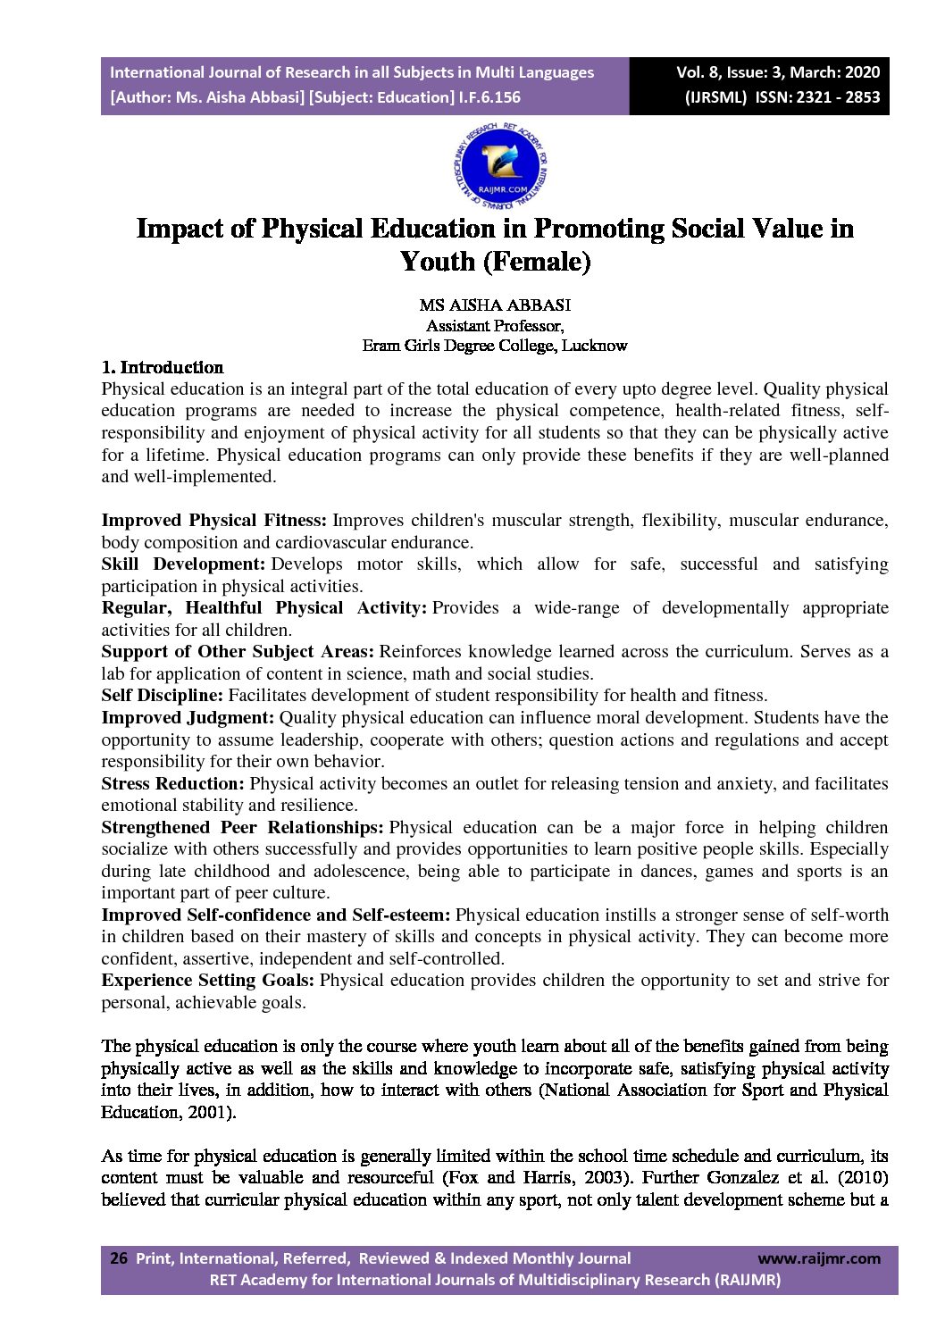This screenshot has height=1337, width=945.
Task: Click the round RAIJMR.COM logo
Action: tap(501, 165)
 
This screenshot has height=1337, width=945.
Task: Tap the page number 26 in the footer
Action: tap(118, 1258)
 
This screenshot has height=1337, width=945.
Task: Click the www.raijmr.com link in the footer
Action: tap(818, 1258)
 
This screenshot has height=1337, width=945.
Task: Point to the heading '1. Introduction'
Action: tap(163, 367)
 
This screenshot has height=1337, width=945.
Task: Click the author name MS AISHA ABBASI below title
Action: tap(495, 305)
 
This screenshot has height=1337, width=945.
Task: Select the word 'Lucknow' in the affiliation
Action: tap(594, 346)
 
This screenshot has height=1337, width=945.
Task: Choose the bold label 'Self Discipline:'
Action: tap(162, 696)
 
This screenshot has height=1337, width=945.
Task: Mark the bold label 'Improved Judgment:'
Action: tap(188, 718)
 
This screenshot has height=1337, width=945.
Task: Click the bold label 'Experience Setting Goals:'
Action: tap(207, 981)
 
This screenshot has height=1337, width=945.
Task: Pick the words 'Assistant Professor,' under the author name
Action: tap(495, 326)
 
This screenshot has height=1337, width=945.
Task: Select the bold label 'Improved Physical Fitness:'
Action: tap(214, 521)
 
